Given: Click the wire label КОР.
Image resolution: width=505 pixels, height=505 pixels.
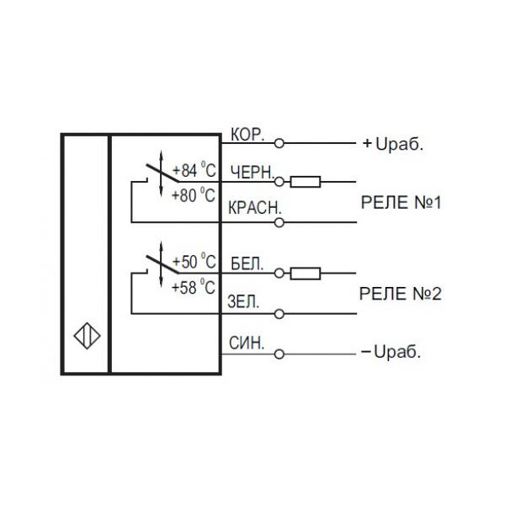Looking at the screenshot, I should click(x=247, y=135).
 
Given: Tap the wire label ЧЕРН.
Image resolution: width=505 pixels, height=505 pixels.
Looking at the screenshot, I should click(x=251, y=172).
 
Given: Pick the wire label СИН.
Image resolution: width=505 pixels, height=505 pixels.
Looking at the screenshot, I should click(x=247, y=343).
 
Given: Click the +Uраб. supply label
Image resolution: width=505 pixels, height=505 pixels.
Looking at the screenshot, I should click(x=393, y=143).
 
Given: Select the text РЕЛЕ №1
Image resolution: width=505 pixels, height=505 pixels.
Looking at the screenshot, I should click(x=400, y=203).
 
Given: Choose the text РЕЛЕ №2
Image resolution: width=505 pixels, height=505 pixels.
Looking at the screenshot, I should click(x=400, y=295).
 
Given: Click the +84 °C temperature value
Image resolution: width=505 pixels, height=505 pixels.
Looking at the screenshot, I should click(x=194, y=171).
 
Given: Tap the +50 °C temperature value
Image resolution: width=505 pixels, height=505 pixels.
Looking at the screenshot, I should click(x=194, y=262).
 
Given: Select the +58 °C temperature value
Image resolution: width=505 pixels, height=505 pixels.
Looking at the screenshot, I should click(x=194, y=287).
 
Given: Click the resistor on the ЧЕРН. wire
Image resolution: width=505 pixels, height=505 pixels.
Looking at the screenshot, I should click(x=306, y=180).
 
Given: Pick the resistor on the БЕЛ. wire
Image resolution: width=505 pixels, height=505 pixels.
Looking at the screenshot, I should click(x=306, y=273).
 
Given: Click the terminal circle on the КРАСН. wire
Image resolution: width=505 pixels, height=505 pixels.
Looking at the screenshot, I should click(x=279, y=222).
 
